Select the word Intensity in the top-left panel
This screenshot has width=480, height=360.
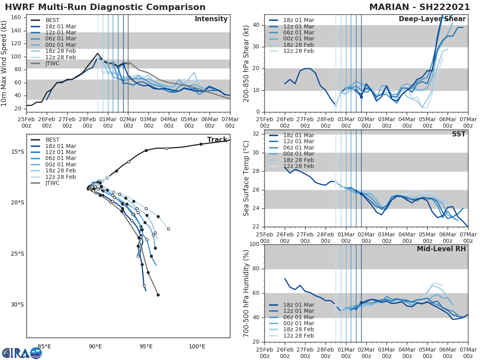tap(211, 19)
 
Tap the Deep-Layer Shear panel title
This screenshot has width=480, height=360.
tap(432, 19)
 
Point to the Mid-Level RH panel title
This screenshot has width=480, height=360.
tap(441, 249)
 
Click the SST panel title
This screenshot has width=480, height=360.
tap(458, 134)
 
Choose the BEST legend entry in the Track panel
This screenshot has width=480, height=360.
tap(52, 140)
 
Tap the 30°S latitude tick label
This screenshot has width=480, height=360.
tap(18, 304)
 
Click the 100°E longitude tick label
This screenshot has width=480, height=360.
tap(197, 347)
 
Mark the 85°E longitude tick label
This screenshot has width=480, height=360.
tap(44, 347)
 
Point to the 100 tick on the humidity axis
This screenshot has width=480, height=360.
tap(254, 244)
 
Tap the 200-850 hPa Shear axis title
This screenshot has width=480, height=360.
tap(246, 64)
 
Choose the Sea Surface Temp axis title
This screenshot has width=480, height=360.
tap(246, 178)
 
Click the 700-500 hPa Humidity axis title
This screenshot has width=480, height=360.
tap(246, 293)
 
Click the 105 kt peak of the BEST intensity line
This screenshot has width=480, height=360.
tap(98, 53)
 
